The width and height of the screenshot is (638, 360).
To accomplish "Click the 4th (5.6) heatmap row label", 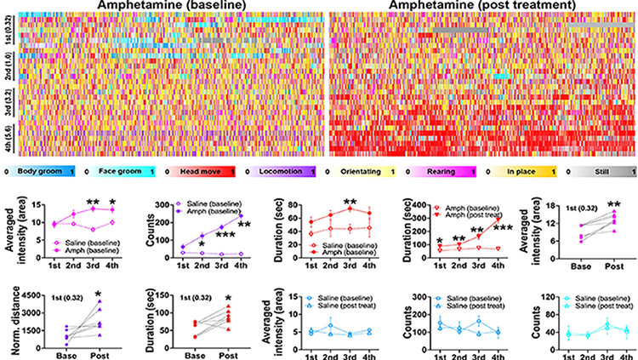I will coord(7,139).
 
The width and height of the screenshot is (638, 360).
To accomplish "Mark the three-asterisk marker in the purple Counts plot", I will coord(225,235).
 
